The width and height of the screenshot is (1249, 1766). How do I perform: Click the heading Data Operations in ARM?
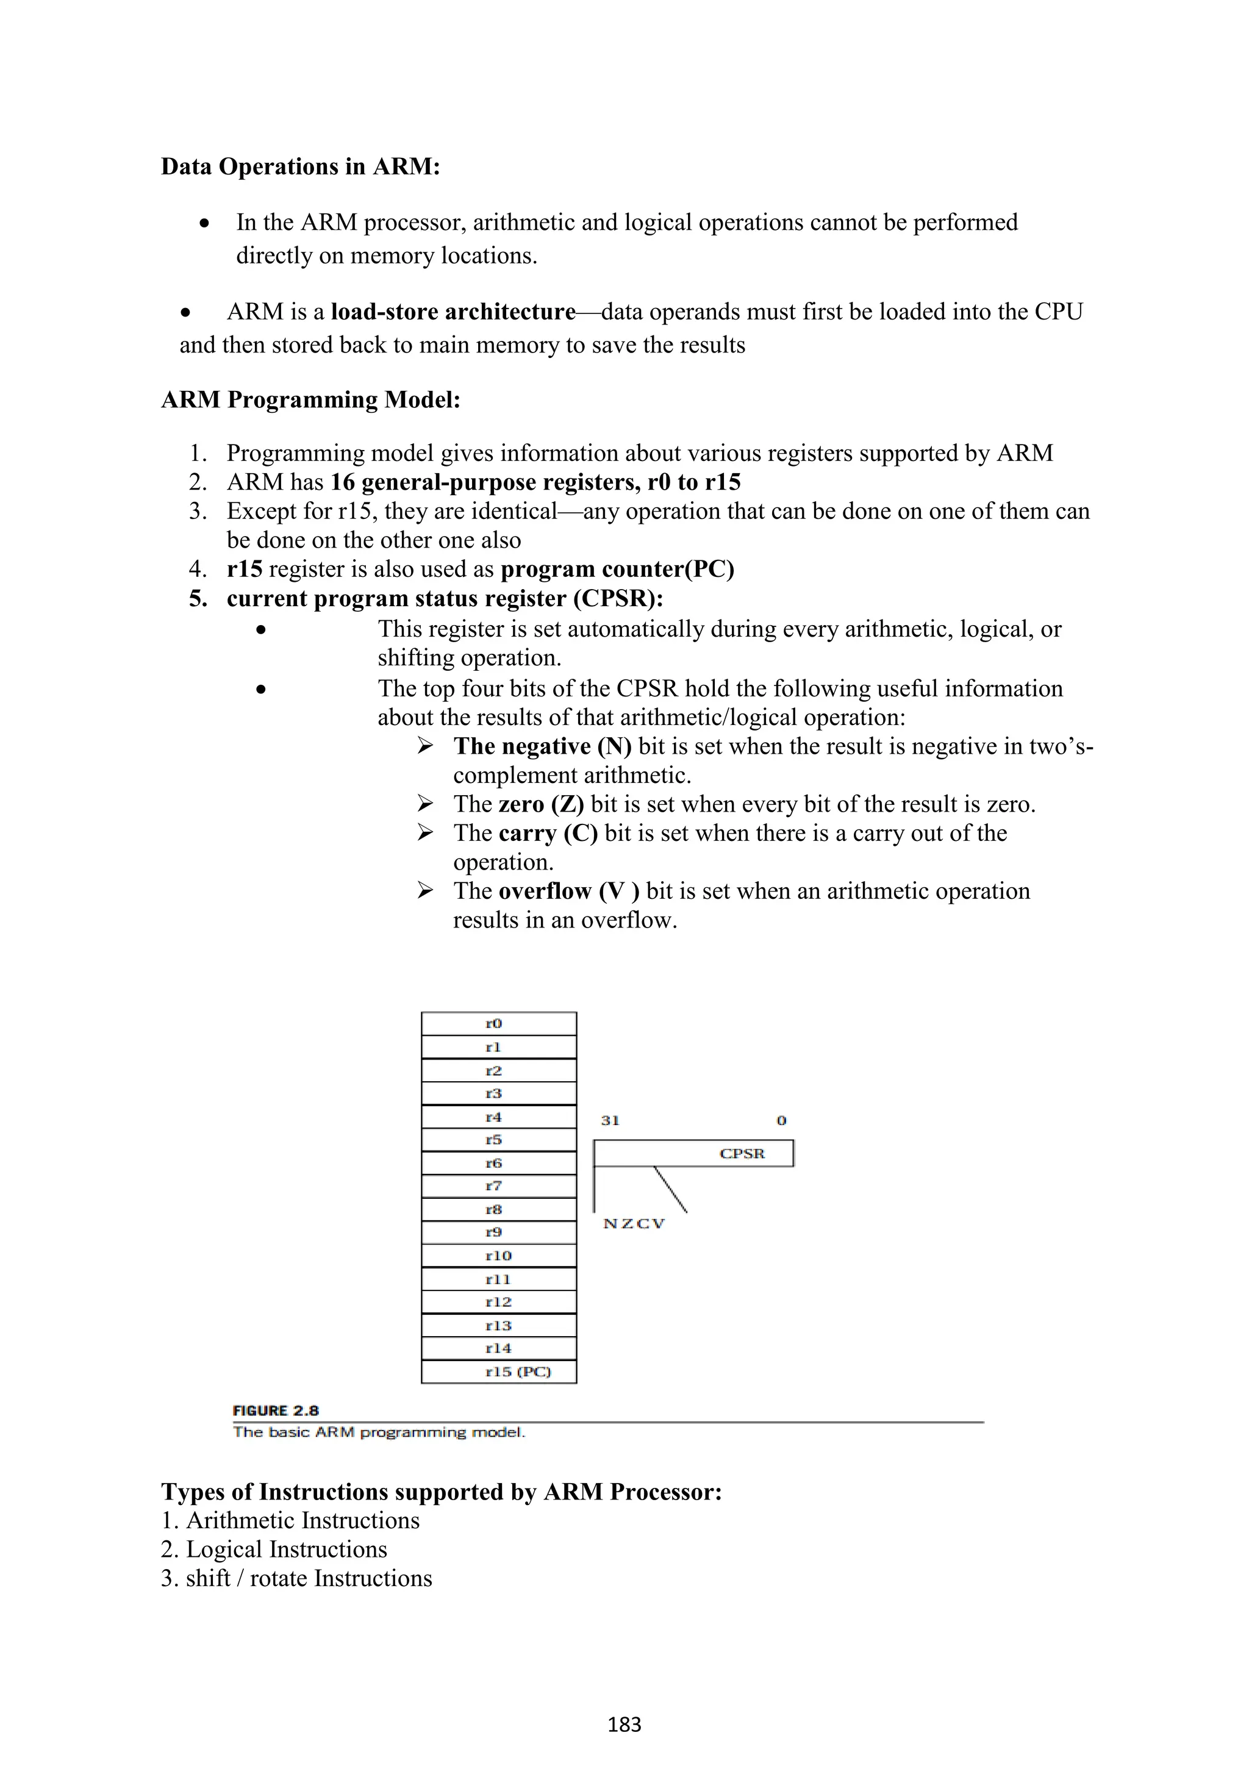[300, 166]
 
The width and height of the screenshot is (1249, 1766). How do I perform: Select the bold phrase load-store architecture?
[453, 312]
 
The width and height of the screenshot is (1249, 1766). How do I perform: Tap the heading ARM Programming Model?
[310, 400]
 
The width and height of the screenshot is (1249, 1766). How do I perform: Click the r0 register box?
[498, 1024]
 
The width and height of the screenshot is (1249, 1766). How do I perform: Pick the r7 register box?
[498, 1186]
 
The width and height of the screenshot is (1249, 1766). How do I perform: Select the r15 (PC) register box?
[498, 1371]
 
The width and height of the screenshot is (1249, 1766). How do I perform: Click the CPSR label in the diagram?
[742, 1153]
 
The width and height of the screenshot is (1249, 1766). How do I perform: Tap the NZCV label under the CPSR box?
[634, 1224]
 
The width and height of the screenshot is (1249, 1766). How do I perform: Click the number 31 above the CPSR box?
[610, 1121]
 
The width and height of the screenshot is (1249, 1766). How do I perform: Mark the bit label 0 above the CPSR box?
[781, 1121]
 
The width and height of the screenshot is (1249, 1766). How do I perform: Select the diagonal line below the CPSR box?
[670, 1189]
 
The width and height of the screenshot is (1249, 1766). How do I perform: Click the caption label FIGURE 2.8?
[275, 1410]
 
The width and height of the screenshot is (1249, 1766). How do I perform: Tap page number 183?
[624, 1725]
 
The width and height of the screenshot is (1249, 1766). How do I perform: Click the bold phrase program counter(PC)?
[617, 569]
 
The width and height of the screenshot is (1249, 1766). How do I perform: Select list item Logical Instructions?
[286, 1549]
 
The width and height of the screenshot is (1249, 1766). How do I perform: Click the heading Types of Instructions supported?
[442, 1492]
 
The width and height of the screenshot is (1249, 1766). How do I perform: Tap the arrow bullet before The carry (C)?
[425, 832]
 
